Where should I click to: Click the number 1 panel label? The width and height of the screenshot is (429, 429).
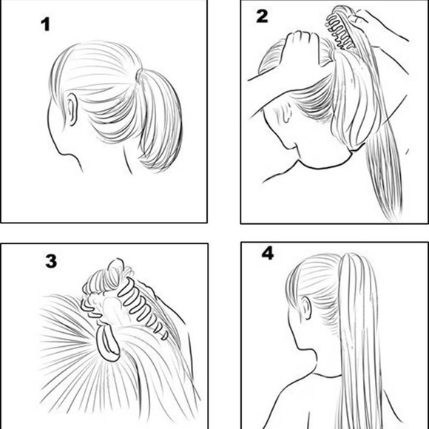click(45, 24)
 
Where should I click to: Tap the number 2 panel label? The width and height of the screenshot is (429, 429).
click(262, 16)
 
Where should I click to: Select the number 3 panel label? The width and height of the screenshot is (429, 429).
click(51, 261)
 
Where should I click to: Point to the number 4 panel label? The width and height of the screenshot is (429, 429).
click(268, 253)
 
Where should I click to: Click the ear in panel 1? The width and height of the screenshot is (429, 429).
click(72, 109)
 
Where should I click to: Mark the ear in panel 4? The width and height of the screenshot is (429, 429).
click(306, 308)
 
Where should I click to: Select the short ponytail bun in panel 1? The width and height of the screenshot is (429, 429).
click(160, 121)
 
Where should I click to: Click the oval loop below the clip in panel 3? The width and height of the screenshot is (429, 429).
click(109, 342)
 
